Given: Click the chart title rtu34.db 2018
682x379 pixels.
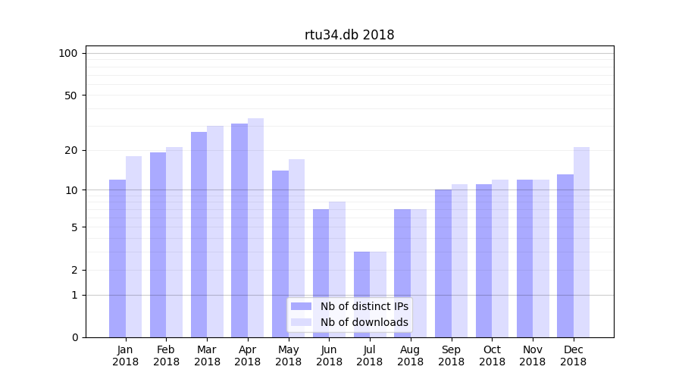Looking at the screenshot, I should pyautogui.click(x=349, y=35).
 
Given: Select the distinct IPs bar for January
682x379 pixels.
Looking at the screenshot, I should pyautogui.click(x=117, y=258).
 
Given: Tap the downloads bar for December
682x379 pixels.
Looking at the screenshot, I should pyautogui.click(x=581, y=243).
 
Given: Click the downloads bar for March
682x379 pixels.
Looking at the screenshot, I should pyautogui.click(x=215, y=231).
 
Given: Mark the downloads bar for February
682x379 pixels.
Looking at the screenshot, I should pyautogui.click(x=174, y=243).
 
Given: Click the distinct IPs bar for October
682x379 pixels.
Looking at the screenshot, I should pyautogui.click(x=483, y=261).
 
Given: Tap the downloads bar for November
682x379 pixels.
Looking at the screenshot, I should pyautogui.click(x=541, y=258).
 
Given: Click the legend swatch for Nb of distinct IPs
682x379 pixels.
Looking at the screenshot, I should pyautogui.click(x=301, y=306).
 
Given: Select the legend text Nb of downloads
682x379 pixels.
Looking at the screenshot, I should pyautogui.click(x=364, y=322).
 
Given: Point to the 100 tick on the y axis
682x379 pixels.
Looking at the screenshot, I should pyautogui.click(x=68, y=53).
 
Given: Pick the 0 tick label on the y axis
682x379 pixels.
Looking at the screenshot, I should pyautogui.click(x=74, y=337).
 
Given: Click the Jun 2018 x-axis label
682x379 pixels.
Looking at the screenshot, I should pyautogui.click(x=329, y=356).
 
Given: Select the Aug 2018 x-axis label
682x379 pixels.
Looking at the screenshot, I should pyautogui.click(x=411, y=356).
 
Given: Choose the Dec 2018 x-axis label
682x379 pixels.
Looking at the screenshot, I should pyautogui.click(x=573, y=356).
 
